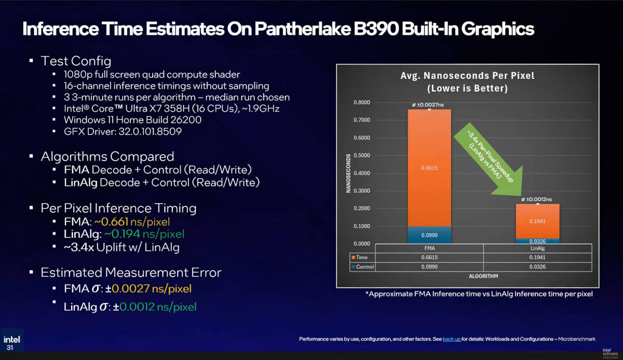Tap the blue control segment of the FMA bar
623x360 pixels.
pyautogui.click(x=429, y=235)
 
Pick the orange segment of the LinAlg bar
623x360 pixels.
pyautogui.click(x=537, y=221)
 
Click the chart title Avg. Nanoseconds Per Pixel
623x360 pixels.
pyautogui.click(x=467, y=76)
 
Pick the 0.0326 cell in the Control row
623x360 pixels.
pyautogui.click(x=537, y=266)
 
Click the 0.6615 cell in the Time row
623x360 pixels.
pyautogui.click(x=429, y=257)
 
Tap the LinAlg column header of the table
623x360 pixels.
pyautogui.click(x=537, y=248)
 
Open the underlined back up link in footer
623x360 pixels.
pyautogui.click(x=451, y=339)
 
